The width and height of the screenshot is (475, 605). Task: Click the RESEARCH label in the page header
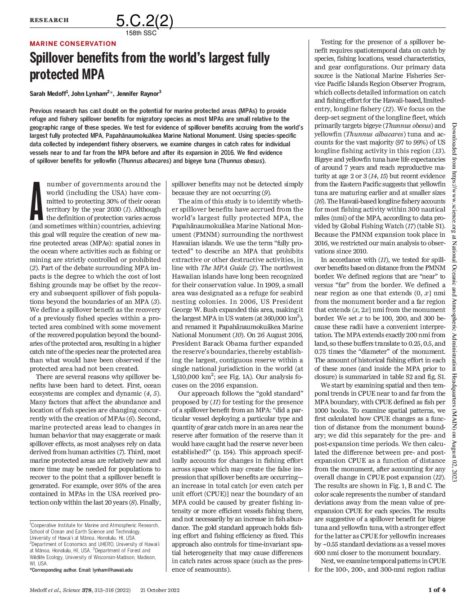click(49, 20)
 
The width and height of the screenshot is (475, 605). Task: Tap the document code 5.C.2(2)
click(144, 21)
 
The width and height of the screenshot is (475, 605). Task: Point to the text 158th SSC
click(141, 33)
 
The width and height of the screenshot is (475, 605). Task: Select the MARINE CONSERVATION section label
click(73, 44)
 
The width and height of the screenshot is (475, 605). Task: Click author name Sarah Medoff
click(48, 94)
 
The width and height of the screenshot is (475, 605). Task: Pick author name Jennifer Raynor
click(139, 94)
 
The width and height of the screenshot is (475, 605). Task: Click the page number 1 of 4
click(436, 590)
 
